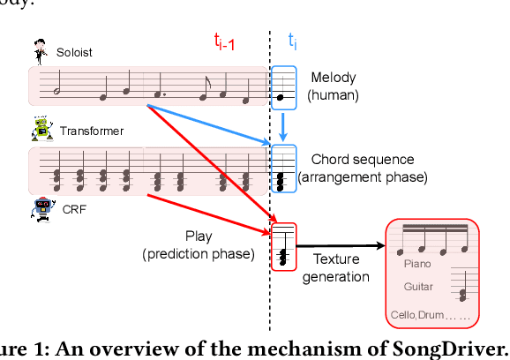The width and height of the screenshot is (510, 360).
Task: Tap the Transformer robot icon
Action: tap(41, 130)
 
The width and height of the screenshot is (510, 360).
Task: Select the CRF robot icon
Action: tap(41, 211)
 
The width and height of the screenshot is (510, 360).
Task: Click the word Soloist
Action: tap(75, 52)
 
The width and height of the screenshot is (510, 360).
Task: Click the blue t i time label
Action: tap(294, 41)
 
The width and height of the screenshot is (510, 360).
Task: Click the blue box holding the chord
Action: tap(284, 168)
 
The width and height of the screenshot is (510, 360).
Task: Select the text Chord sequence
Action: tap(362, 160)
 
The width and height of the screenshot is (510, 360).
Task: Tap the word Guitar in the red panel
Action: tap(418, 287)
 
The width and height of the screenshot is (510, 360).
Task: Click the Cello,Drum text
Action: tap(416, 315)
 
